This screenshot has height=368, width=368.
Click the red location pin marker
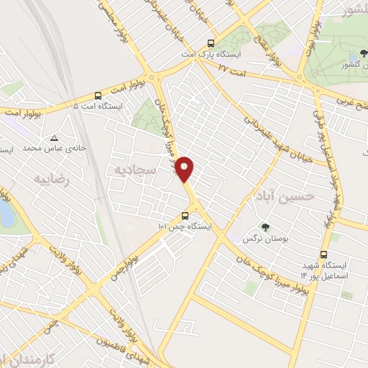(185, 169)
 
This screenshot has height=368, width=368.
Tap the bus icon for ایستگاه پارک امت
(210, 43)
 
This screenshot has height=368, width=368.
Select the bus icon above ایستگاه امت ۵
(98, 95)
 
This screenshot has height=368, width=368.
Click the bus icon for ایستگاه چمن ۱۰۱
(185, 215)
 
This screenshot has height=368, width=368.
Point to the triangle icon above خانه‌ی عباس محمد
(54, 137)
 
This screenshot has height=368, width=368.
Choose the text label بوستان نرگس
(275, 237)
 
